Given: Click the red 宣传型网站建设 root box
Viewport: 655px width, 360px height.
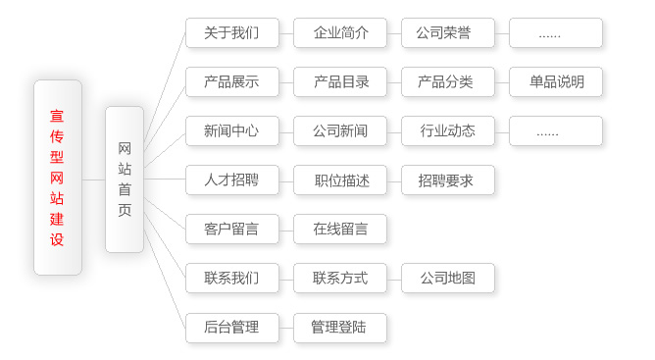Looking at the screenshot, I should [x=57, y=178].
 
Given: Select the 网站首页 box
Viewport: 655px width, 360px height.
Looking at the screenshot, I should [x=125, y=180].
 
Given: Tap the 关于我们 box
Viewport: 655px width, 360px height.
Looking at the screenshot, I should [x=231, y=32].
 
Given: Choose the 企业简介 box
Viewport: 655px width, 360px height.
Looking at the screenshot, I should [x=340, y=32].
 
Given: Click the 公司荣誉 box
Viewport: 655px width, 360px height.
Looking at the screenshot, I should [x=448, y=32].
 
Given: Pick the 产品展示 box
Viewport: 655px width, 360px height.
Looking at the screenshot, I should [x=231, y=81].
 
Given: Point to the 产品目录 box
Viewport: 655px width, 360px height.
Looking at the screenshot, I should [x=340, y=81].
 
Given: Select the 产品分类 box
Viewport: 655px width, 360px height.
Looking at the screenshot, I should [x=448, y=81].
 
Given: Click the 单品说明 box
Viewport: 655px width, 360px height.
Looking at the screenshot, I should [x=556, y=81].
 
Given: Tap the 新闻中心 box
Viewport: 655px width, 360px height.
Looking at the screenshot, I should [x=231, y=130].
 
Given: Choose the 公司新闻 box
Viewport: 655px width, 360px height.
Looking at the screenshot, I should [x=340, y=130].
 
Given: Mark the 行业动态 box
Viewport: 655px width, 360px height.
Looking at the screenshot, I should [x=448, y=130].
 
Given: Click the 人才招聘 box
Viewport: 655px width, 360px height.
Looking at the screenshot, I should [x=231, y=180].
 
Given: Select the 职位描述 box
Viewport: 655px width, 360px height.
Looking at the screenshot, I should [x=340, y=180].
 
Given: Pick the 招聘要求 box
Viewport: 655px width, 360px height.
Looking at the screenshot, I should [x=448, y=180].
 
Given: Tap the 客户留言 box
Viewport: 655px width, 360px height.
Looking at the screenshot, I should [x=231, y=230].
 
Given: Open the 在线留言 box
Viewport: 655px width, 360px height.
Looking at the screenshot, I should [x=340, y=230].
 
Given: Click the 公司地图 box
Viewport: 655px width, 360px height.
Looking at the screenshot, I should [x=448, y=279].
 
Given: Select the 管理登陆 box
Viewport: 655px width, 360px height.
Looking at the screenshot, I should [x=340, y=328].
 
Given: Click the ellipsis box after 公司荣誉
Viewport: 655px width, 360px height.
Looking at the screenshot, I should [x=556, y=32].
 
